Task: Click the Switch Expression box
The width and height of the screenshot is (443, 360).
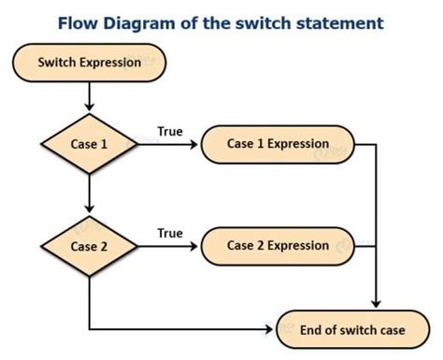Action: (x=89, y=63)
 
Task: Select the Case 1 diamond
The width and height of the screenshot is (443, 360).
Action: (x=90, y=144)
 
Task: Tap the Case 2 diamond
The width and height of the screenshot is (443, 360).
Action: (x=90, y=246)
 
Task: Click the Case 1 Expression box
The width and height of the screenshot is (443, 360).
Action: (x=278, y=144)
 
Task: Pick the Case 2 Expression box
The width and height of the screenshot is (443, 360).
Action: (x=278, y=246)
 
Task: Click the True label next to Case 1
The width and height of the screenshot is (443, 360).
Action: (x=170, y=132)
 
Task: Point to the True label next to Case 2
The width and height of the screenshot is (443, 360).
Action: (x=170, y=233)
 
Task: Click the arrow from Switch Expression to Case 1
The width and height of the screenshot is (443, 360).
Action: (x=90, y=96)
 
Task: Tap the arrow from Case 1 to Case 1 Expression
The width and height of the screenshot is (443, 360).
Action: (x=168, y=145)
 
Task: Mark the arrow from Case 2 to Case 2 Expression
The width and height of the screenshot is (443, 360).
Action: (x=168, y=247)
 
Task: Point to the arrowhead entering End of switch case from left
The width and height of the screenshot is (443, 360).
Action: (x=271, y=329)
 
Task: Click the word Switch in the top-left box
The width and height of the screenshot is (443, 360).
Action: (x=58, y=63)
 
